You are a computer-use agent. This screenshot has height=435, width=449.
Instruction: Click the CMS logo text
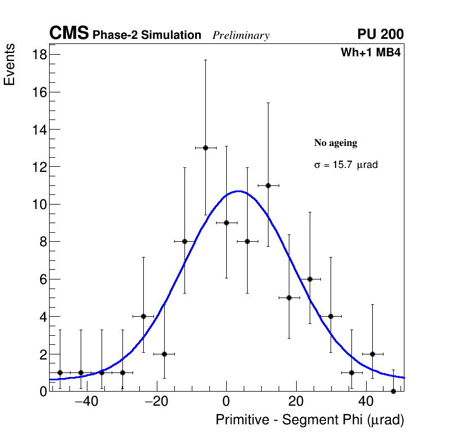pyautogui.click(x=69, y=34)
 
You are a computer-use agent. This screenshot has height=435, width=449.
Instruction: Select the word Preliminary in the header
pyautogui.click(x=241, y=35)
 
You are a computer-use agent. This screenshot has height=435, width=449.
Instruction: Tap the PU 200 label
pyautogui.click(x=380, y=34)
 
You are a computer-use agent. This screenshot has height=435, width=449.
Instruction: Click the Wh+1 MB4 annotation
pyautogui.click(x=370, y=53)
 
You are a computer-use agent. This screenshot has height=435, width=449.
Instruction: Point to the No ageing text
pyautogui.click(x=336, y=143)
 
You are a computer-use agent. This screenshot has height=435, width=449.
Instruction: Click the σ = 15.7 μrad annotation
pyautogui.click(x=345, y=166)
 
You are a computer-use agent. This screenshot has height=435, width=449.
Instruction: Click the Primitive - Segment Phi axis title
pyautogui.click(x=310, y=420)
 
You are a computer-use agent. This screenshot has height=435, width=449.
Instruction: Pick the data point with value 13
pyautogui.click(x=205, y=148)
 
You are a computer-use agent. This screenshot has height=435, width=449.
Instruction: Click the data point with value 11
pyautogui.click(x=268, y=185)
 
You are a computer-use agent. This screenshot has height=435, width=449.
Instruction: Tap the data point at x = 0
pyautogui.click(x=226, y=223)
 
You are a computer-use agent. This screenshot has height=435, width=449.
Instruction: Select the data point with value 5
pyautogui.click(x=289, y=298)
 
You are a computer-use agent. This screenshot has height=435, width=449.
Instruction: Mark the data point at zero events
pyautogui.click(x=393, y=391)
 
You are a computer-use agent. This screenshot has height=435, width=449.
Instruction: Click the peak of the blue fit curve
pyautogui.click(x=239, y=191)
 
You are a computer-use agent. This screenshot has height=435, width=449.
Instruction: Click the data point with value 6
pyautogui.click(x=310, y=279)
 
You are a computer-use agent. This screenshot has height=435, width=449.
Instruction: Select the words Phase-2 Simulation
pyautogui.click(x=147, y=35)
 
